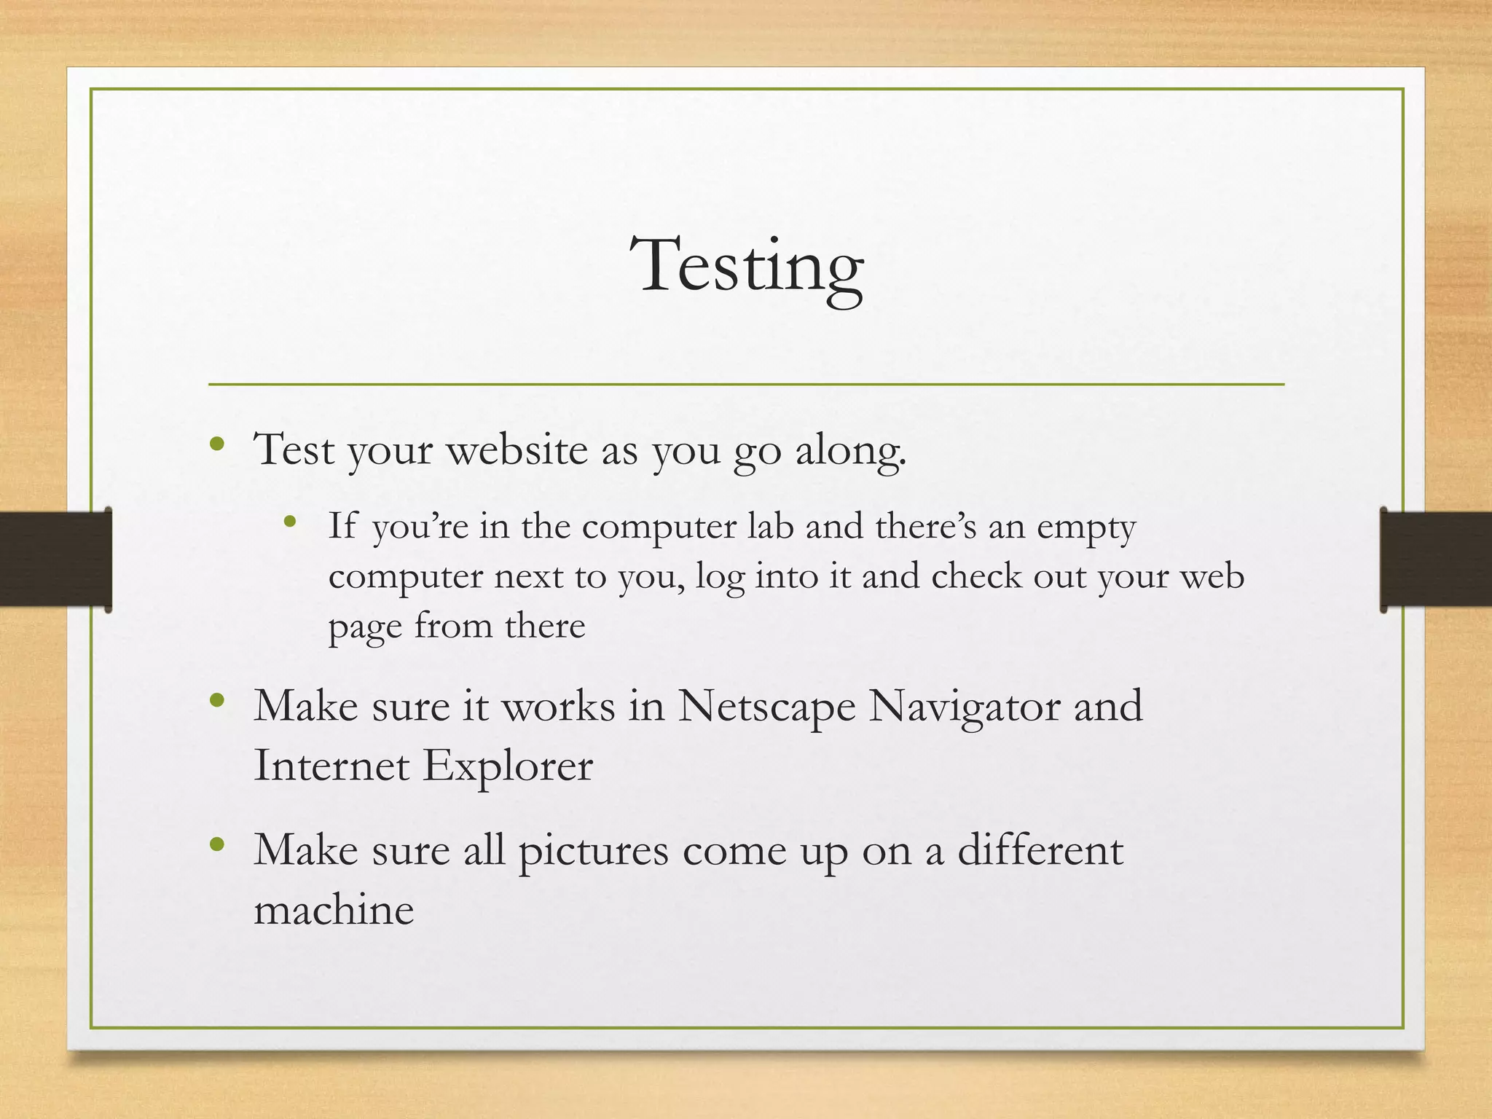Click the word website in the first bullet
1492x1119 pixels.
point(517,450)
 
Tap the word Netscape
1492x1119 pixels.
point(766,707)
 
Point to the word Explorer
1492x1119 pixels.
point(508,766)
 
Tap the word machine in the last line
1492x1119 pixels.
point(334,911)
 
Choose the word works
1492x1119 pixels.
point(558,707)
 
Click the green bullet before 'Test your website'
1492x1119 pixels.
point(216,444)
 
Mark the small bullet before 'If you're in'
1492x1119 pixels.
point(291,521)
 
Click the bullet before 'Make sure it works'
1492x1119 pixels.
point(216,701)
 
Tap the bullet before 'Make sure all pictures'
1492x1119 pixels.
point(216,844)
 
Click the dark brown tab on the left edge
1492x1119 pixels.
point(55,559)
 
